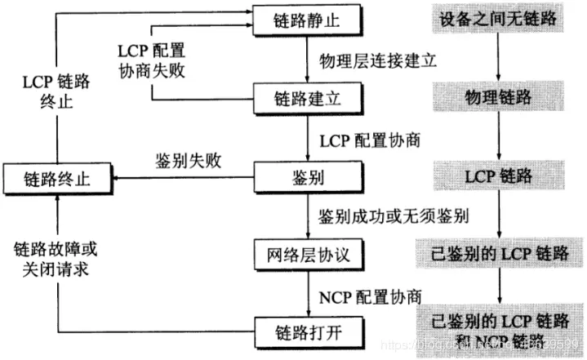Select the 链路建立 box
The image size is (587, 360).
[x=308, y=97]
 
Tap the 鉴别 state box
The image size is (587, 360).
[x=308, y=176]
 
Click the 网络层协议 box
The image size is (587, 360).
[x=308, y=254]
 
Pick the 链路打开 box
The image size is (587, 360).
[x=308, y=331]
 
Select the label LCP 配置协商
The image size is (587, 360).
[x=370, y=139]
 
